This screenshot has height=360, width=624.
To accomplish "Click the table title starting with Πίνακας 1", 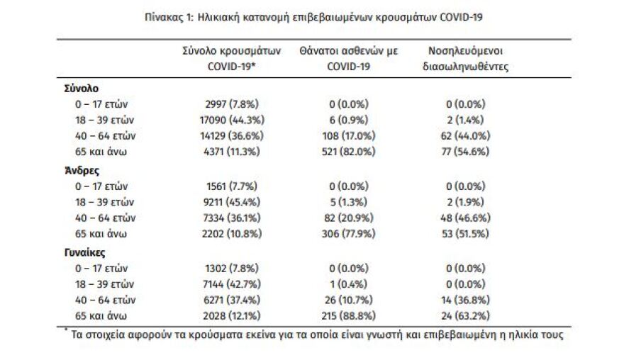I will click(x=312, y=16).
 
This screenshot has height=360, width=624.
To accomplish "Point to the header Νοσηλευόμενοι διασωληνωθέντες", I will click(x=467, y=59).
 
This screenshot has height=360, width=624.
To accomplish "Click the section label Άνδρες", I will click(x=80, y=170).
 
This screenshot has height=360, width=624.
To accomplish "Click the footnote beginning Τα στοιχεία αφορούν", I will click(x=316, y=334).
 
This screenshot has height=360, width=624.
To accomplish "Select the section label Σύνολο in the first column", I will click(x=80, y=89).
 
